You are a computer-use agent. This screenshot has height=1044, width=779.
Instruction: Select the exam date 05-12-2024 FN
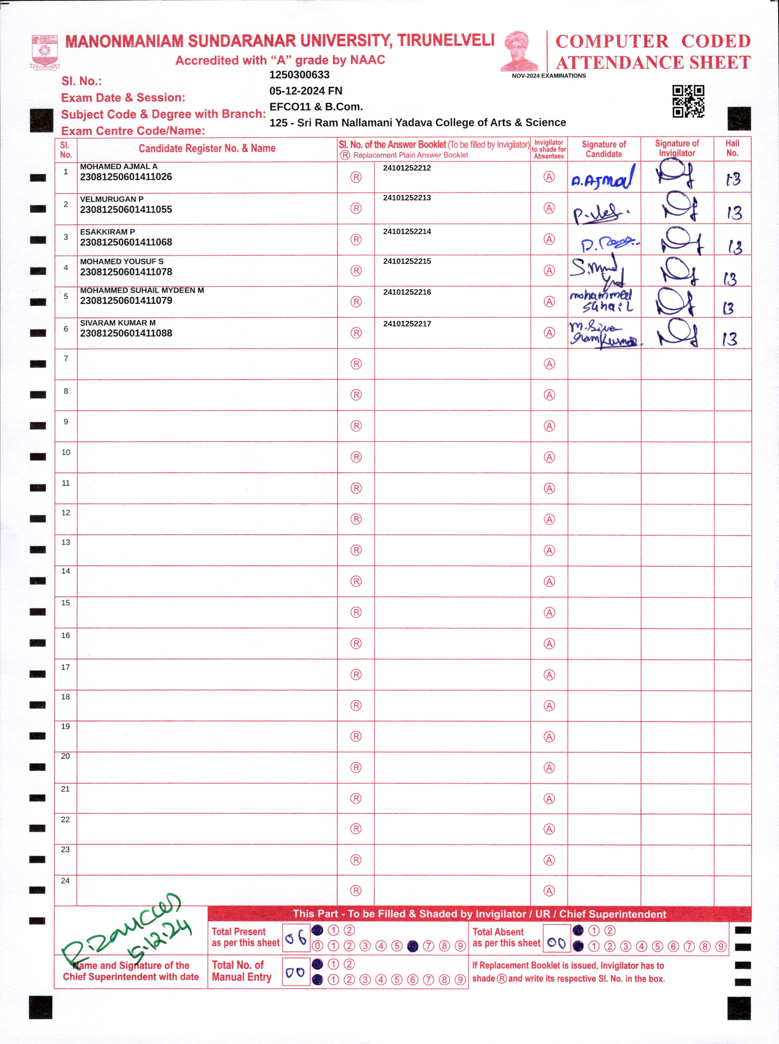pyautogui.click(x=306, y=91)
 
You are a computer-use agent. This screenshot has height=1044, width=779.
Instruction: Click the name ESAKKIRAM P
pyautogui.click(x=107, y=232)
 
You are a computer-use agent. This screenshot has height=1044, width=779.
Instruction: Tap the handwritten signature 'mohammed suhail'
pyautogui.click(x=602, y=301)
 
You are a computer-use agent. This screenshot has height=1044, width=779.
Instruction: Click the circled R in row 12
pyautogui.click(x=356, y=519)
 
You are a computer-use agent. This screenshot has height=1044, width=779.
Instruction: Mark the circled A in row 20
pyautogui.click(x=549, y=767)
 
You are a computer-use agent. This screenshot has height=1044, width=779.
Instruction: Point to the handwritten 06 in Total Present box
pyautogui.click(x=296, y=939)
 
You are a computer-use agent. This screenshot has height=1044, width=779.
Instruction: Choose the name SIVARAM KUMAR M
pyautogui.click(x=118, y=323)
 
